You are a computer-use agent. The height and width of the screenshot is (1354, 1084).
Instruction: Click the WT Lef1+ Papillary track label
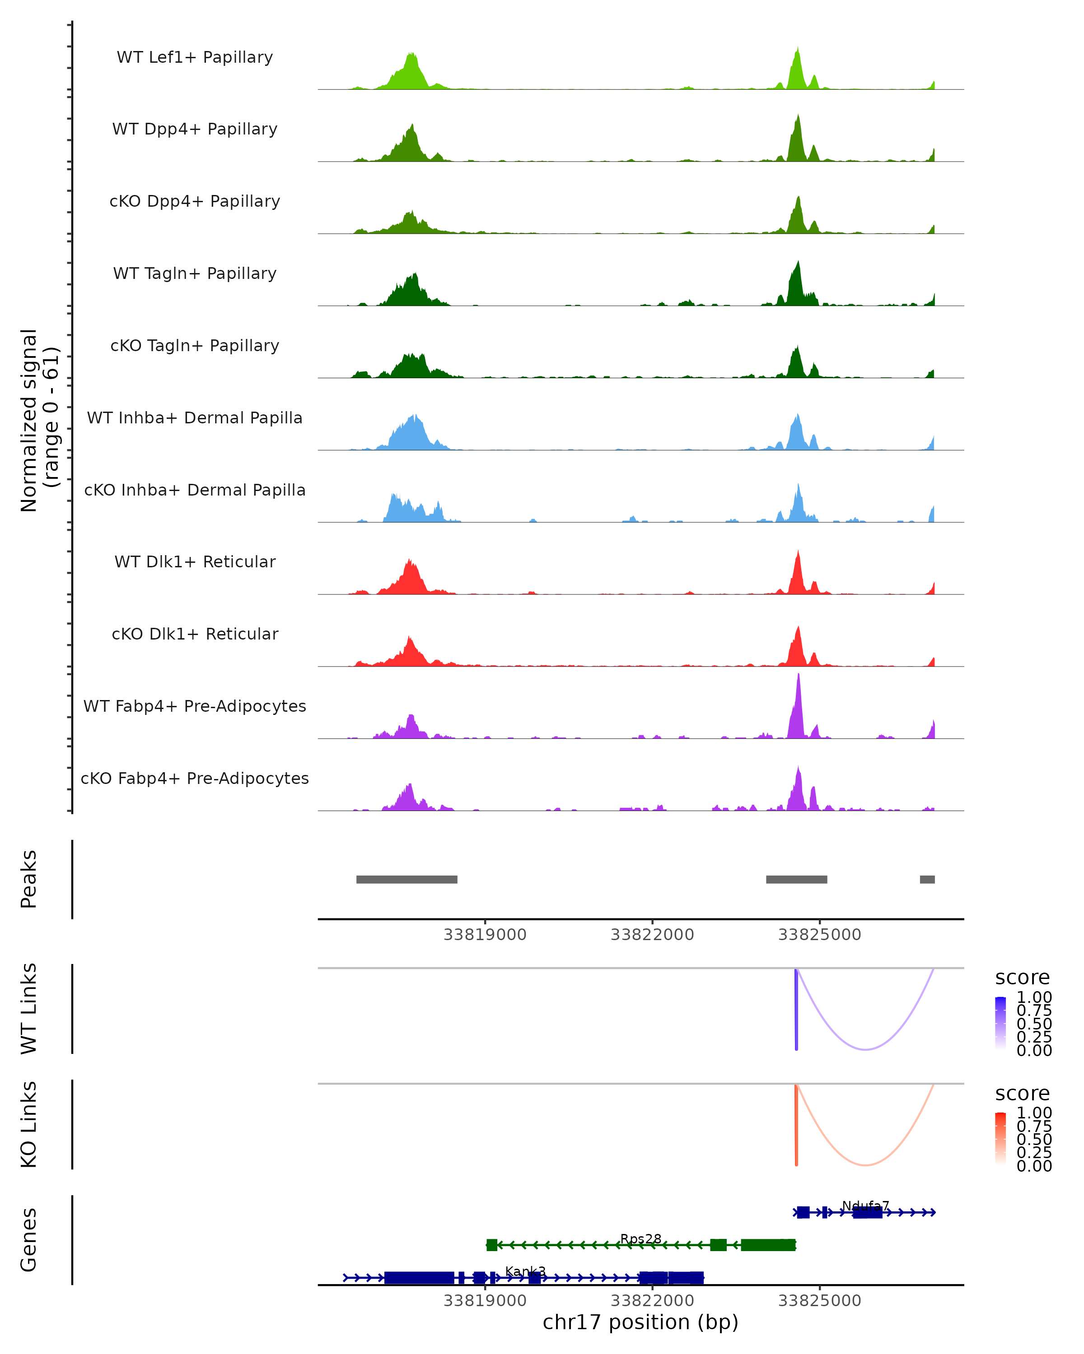click(195, 57)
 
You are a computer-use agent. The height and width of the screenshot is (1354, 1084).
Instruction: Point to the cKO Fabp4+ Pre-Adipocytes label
click(195, 778)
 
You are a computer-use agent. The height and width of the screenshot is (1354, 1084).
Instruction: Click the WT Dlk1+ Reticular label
click(195, 561)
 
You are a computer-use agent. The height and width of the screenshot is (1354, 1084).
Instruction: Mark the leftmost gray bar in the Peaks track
click(406, 879)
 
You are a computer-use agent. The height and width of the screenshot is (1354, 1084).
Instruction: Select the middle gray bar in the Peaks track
click(796, 879)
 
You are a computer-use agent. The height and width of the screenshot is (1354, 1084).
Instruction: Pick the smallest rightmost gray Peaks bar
click(927, 879)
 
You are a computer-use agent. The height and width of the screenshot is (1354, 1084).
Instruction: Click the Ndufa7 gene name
click(865, 1206)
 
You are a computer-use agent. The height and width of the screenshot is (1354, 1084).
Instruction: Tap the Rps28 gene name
click(640, 1238)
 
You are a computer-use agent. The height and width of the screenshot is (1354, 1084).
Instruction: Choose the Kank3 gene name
click(525, 1271)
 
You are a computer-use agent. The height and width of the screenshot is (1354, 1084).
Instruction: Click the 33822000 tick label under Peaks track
click(652, 935)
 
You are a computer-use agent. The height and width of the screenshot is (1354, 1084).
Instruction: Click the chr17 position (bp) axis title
click(640, 1322)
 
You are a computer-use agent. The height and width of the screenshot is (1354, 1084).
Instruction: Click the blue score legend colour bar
click(1000, 1022)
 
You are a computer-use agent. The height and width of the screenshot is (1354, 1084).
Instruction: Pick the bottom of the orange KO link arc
click(865, 1165)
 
